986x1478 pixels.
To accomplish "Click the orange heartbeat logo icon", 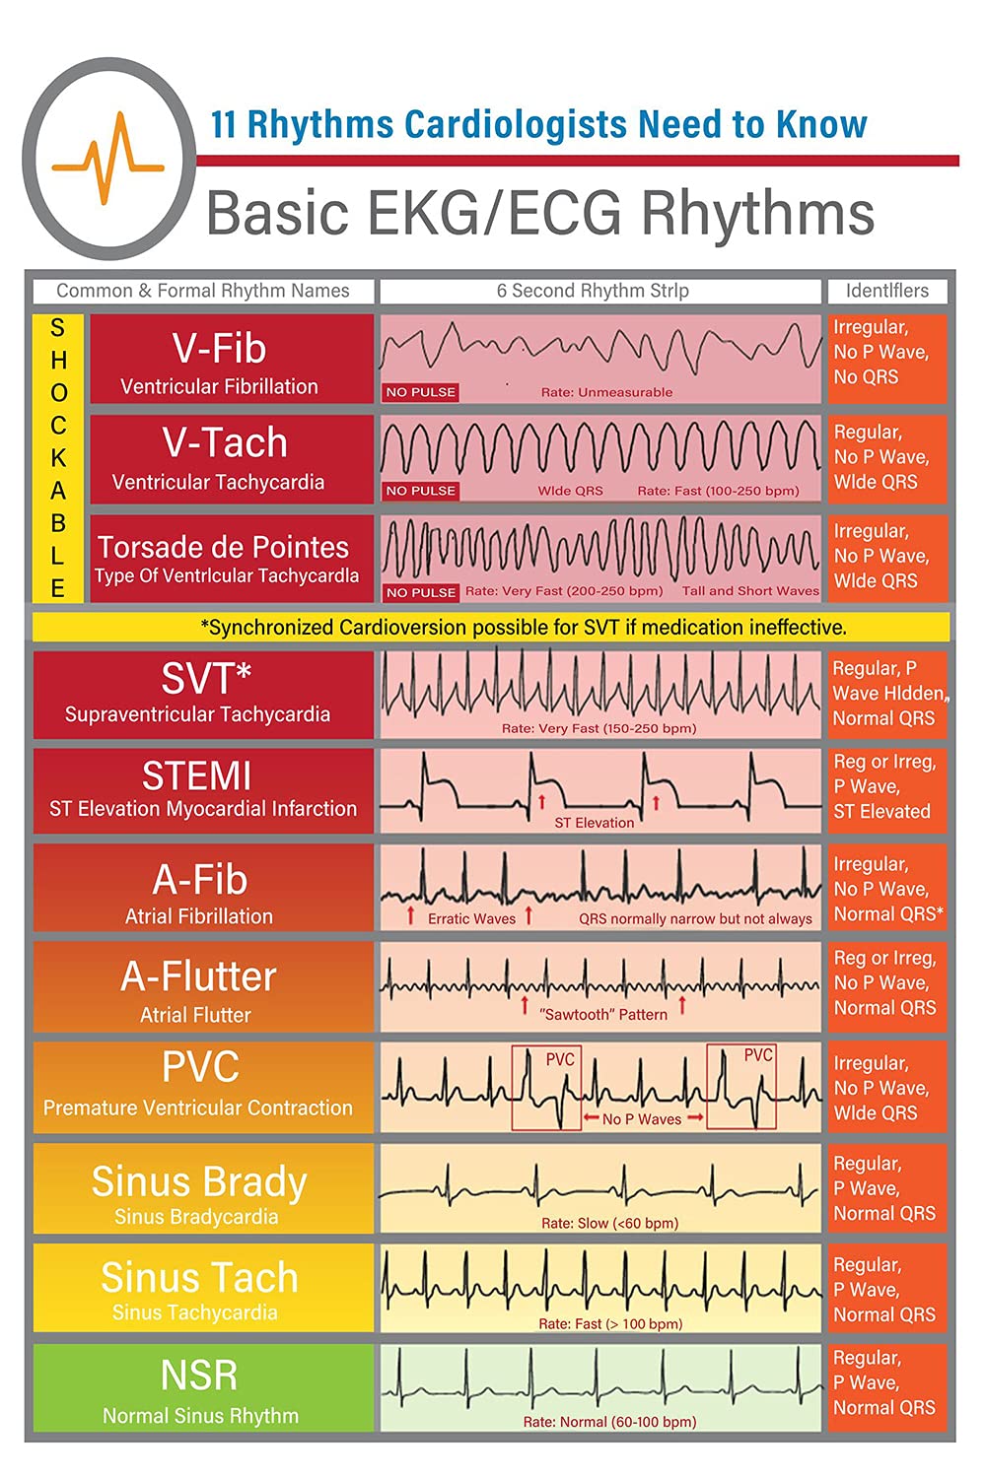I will (107, 158).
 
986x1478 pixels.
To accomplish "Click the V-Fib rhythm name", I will (219, 349).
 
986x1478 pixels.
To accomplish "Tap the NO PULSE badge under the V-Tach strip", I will (421, 491).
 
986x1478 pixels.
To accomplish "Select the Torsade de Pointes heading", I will (223, 547).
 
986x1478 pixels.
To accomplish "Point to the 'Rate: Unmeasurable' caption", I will (606, 392).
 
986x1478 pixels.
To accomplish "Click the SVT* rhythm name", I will (206, 678).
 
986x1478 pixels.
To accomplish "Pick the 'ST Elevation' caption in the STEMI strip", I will (594, 823).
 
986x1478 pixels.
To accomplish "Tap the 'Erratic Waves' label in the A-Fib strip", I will (471, 918).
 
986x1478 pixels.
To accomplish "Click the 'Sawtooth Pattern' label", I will (603, 1014).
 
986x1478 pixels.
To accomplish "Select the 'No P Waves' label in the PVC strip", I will (641, 1119).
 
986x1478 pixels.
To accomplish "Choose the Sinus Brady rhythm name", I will (199, 1181).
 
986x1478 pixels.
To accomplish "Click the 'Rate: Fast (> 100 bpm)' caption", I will (609, 1323).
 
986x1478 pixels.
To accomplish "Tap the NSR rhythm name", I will (199, 1376).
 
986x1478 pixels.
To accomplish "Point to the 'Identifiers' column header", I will (886, 291).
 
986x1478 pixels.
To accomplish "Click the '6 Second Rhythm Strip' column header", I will (593, 291).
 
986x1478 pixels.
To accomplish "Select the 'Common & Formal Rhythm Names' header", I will (203, 291).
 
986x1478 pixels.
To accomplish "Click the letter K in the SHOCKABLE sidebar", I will (58, 457).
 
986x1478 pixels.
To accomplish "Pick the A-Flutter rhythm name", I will (198, 976).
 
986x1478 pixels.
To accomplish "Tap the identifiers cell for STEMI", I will (884, 786).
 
